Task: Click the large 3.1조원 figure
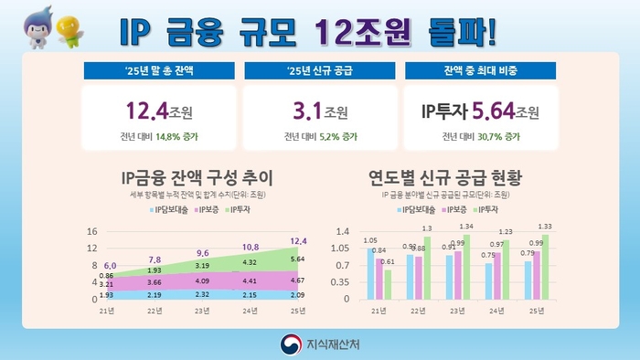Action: point(318,113)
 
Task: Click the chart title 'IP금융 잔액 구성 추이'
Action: point(197,176)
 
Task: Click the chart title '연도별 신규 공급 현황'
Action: point(443,176)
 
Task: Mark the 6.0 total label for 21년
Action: point(110,265)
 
